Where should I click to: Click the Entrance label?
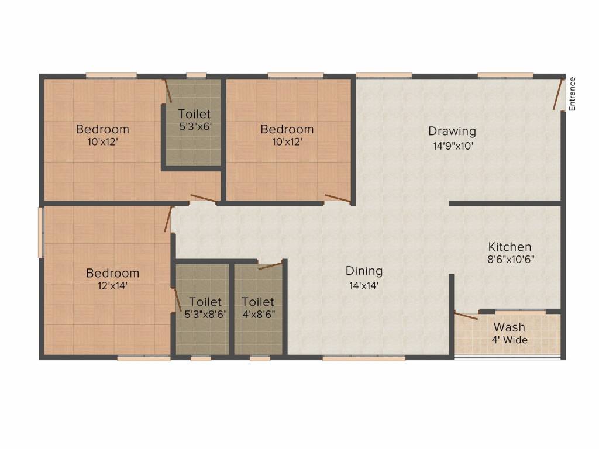(x=572, y=94)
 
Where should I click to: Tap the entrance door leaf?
(x=559, y=94)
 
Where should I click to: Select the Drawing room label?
(x=452, y=132)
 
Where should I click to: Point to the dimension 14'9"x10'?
(x=453, y=146)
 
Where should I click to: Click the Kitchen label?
(x=510, y=247)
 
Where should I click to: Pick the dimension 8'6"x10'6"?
(x=511, y=259)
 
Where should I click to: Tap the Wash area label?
(x=510, y=327)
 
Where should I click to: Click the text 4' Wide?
(x=510, y=340)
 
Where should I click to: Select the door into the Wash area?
(x=466, y=316)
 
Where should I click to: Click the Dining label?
(x=364, y=271)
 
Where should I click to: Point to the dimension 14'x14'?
(x=364, y=285)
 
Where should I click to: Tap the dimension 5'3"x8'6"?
(x=206, y=314)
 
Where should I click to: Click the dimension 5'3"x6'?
(x=195, y=126)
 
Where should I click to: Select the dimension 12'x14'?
(x=112, y=285)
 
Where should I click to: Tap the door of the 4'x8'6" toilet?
(x=271, y=265)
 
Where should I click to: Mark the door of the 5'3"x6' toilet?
(x=168, y=91)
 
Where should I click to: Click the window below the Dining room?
(x=364, y=358)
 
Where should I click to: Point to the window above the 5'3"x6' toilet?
(x=197, y=75)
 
